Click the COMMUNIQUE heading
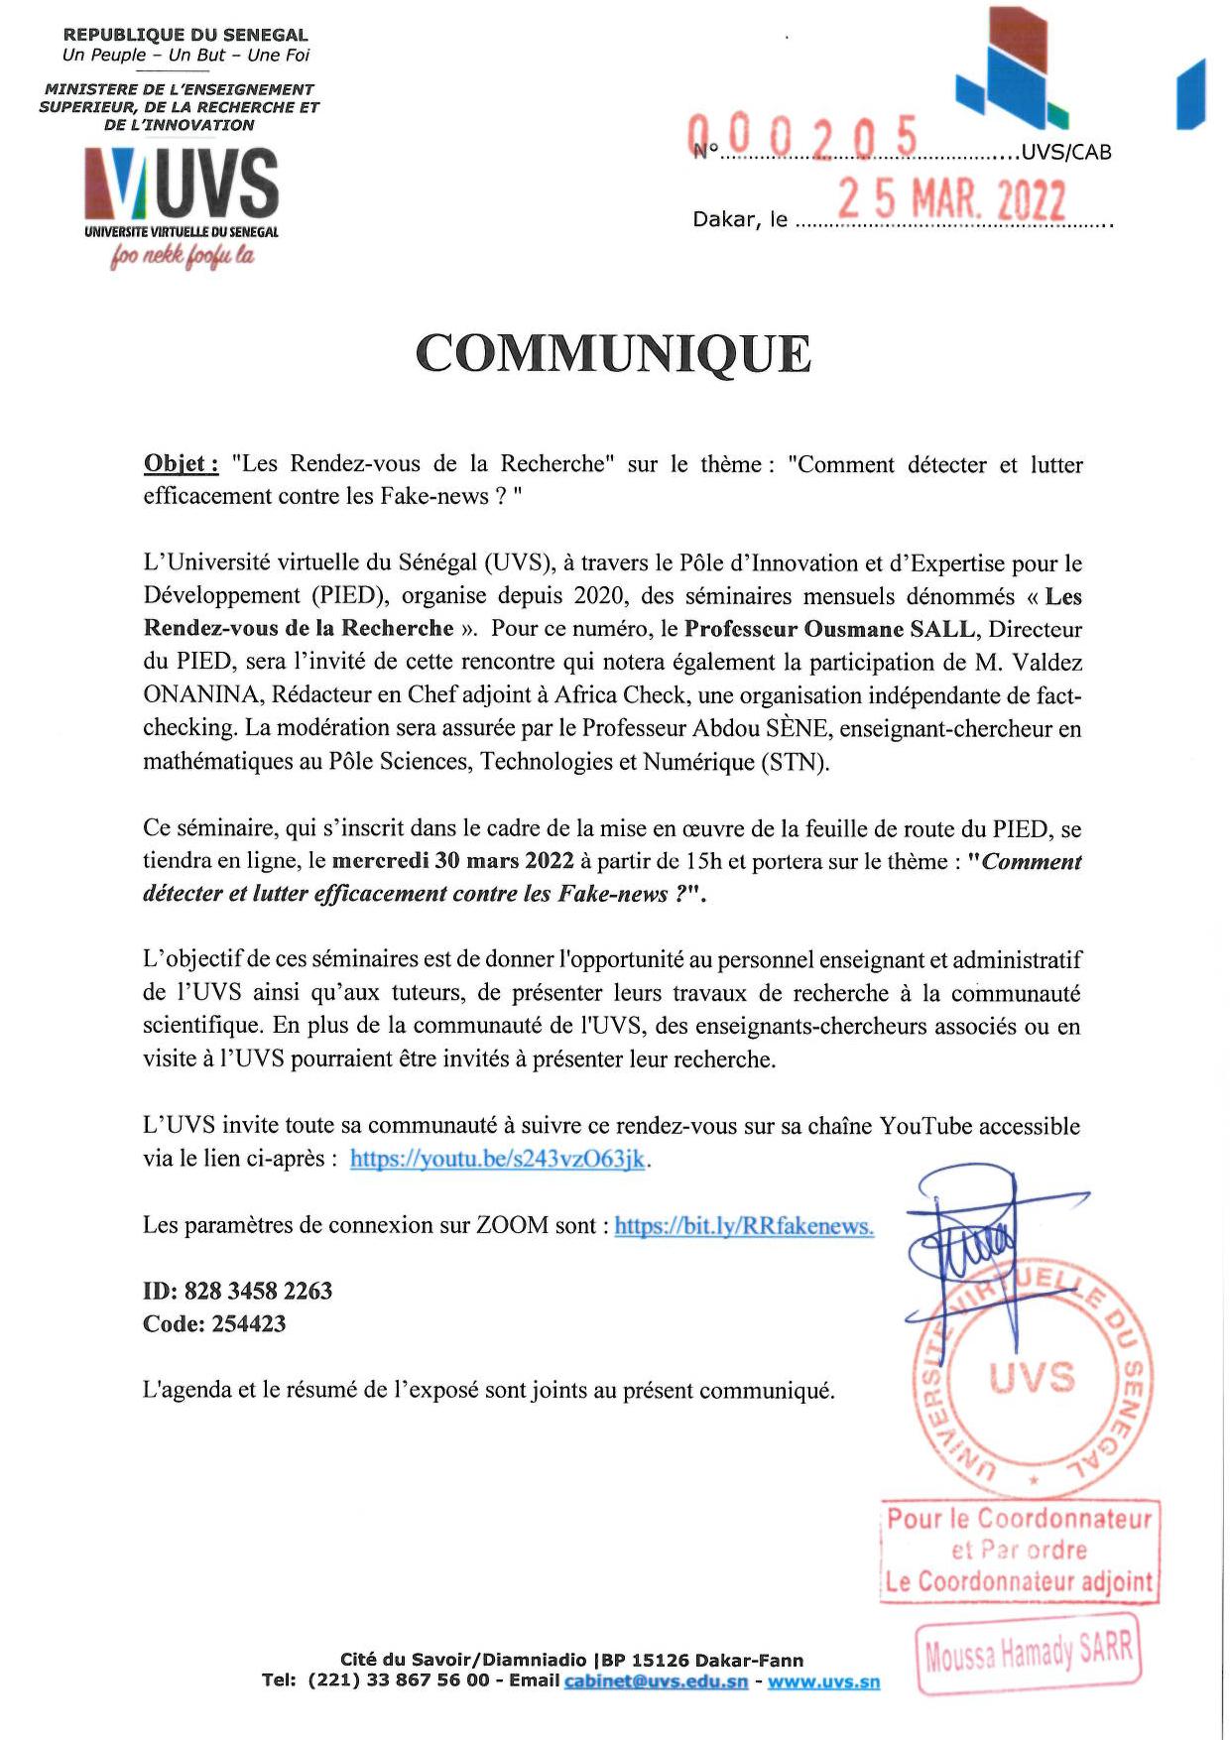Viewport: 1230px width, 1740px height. pos(613,354)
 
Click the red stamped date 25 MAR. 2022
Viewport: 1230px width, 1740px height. pos(951,200)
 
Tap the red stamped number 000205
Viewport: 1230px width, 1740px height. pos(803,138)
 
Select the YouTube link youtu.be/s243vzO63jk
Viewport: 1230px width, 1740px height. pos(498,1159)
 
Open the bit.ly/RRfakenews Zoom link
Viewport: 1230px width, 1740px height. pos(743,1226)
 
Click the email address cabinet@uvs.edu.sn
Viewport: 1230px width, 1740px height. pos(656,1681)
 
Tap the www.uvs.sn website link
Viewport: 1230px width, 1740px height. pos(823,1681)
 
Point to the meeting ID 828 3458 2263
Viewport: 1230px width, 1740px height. pos(238,1291)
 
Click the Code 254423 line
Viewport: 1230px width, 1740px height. pos(214,1323)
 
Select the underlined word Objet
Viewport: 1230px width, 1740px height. pos(181,463)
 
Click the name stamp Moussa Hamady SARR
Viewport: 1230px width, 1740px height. pos(1028,1653)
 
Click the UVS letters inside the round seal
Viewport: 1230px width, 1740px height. pos(1032,1377)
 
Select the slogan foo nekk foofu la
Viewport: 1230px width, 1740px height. pos(182,257)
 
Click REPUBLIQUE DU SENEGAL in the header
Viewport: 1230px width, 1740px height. pos(185,35)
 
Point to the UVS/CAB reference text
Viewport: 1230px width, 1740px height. pos(1066,153)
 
